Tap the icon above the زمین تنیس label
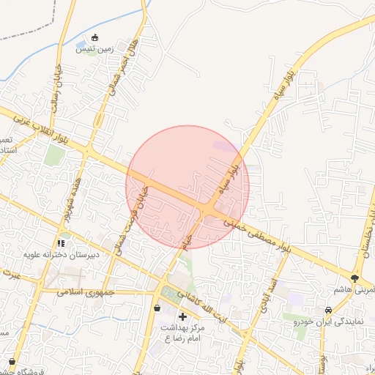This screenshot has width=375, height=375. point(94,38)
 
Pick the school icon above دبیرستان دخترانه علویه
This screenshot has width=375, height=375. point(62,242)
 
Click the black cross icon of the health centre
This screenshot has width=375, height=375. point(182,316)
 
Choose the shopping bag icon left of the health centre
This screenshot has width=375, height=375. point(157,308)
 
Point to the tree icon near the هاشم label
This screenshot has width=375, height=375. point(355,278)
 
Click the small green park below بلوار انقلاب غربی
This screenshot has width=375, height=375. point(53,155)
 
